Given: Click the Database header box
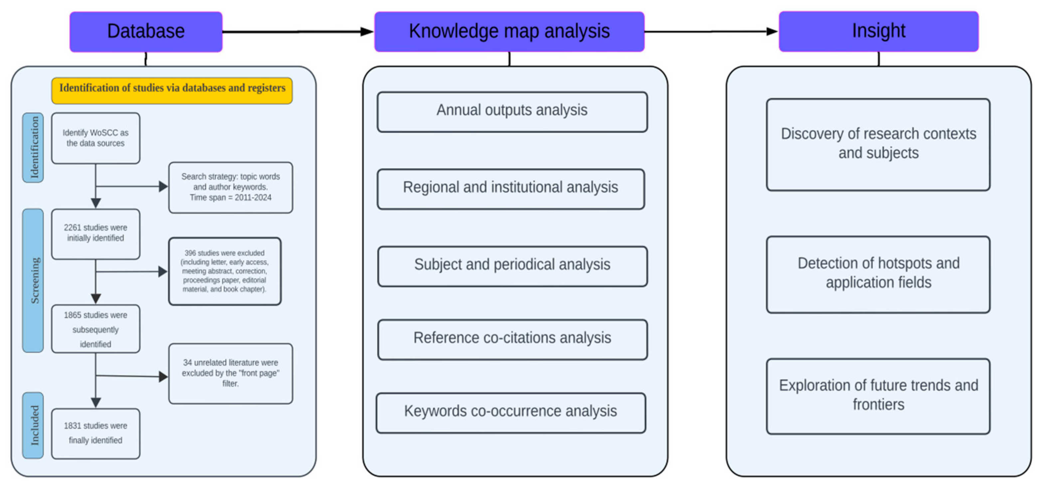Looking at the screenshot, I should [146, 32].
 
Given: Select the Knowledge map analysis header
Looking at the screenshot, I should [509, 32].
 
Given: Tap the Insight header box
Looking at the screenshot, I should [878, 31].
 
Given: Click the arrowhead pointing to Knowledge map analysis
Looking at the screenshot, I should [366, 32].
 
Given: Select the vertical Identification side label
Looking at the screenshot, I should [34, 148].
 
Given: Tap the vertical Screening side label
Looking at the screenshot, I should [34, 281].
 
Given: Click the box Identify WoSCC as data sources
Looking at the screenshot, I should [95, 138].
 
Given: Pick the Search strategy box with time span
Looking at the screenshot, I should [230, 187].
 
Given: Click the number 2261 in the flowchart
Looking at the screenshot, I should [73, 228].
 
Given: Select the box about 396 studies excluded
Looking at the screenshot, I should [225, 271].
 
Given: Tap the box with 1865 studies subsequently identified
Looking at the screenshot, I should [95, 329].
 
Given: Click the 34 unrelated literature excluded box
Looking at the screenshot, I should [230, 373].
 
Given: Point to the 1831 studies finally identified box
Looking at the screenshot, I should [95, 433].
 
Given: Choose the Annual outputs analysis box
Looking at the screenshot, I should [512, 112].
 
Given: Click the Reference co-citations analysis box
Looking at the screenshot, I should [512, 339].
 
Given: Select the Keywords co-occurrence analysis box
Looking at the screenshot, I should [511, 412].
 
